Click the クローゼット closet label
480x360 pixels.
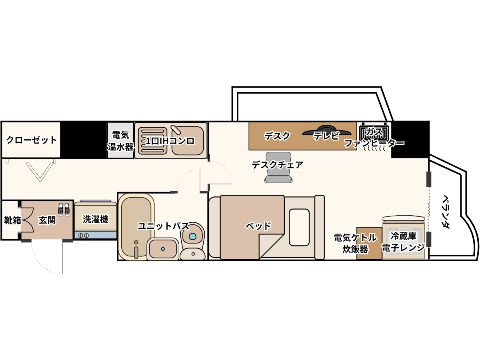click(32, 140)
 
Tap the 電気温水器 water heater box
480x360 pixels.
click(120, 140)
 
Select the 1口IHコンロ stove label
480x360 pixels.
click(170, 141)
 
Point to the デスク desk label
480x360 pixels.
click(277, 136)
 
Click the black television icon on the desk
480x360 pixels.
click(327, 130)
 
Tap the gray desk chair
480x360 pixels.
click(278, 167)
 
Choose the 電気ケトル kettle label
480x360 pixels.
click(355, 238)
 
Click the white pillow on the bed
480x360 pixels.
click(299, 227)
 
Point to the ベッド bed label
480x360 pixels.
click(258, 226)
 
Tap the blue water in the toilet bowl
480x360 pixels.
click(192, 236)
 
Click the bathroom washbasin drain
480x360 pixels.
click(163, 249)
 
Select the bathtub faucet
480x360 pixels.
click(136, 250)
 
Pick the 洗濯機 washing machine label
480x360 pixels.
click(96, 219)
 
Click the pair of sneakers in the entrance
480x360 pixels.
click(64, 210)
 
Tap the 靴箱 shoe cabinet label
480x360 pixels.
click(12, 220)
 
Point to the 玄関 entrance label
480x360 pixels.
click(47, 220)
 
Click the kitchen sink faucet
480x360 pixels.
click(176, 130)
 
